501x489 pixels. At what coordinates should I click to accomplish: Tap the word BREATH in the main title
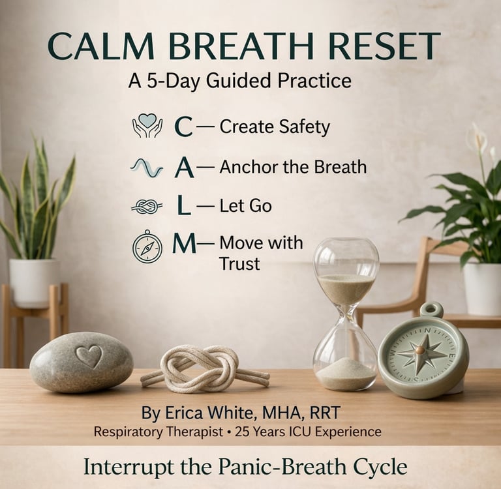(242, 46)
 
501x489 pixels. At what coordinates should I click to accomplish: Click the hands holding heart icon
(147, 126)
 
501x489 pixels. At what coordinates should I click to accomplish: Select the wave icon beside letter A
(147, 168)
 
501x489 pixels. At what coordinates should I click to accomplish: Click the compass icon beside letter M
(147, 246)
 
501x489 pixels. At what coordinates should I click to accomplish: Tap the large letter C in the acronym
(184, 126)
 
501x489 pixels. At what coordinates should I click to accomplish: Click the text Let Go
(245, 205)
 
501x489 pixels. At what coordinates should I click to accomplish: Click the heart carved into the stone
(89, 356)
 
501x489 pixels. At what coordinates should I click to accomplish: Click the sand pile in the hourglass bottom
(346, 372)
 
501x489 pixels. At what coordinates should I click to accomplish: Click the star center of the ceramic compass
(420, 351)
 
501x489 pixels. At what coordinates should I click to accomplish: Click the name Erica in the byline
(184, 413)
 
